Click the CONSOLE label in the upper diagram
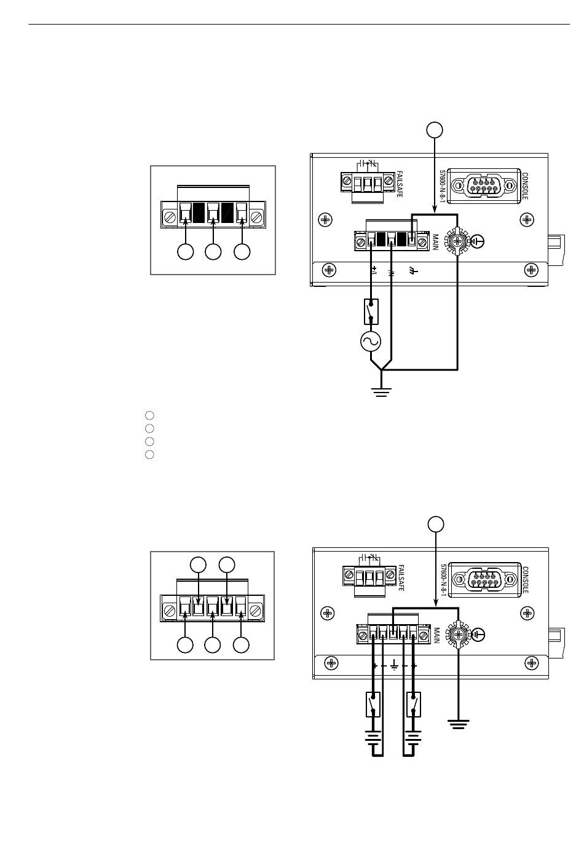(524, 186)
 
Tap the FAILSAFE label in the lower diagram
(400, 577)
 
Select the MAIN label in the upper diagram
(435, 242)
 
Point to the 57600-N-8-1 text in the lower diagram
(443, 580)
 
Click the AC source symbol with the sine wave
(371, 341)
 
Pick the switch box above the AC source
(371, 311)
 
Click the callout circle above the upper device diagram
(435, 130)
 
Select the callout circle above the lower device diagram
(436, 524)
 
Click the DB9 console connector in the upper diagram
(484, 186)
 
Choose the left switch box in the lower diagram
(373, 705)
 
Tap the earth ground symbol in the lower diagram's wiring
(459, 724)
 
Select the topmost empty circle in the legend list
(149, 415)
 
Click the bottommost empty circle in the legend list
(149, 455)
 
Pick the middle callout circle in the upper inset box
(213, 252)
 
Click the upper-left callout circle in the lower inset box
(198, 565)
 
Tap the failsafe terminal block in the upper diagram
(368, 183)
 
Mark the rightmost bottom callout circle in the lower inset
(241, 645)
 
